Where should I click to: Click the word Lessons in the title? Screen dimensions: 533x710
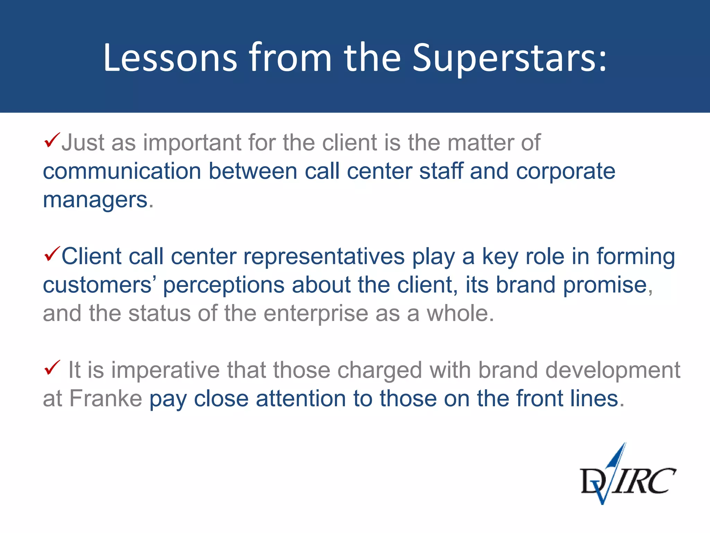pyautogui.click(x=170, y=58)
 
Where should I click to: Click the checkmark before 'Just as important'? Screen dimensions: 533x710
pyautogui.click(x=52, y=140)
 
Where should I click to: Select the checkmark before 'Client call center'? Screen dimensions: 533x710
pyautogui.click(x=52, y=254)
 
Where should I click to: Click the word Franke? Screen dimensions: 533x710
pyautogui.click(x=106, y=398)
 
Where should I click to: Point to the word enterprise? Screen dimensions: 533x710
pyautogui.click(x=316, y=314)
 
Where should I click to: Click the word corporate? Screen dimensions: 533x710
pyautogui.click(x=565, y=171)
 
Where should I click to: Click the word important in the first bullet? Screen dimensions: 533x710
pyautogui.click(x=193, y=143)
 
